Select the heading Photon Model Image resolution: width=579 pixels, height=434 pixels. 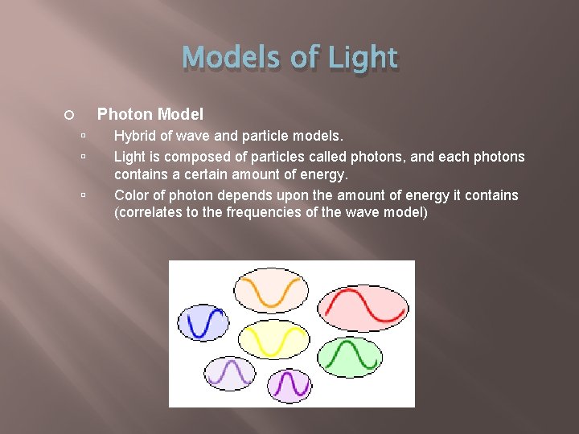tap(150, 115)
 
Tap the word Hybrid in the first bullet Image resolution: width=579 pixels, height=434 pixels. tap(134, 137)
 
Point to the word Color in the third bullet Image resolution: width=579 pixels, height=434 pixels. tap(132, 195)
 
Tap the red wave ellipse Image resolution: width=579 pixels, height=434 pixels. tap(363, 308)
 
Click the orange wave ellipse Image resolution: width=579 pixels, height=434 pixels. tap(272, 290)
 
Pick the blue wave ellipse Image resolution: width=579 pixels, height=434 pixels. tap(203, 321)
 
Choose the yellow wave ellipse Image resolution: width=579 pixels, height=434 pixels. tap(274, 341)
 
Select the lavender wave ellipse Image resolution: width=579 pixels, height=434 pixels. tap(230, 373)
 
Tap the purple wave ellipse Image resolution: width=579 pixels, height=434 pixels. tap(288, 386)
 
